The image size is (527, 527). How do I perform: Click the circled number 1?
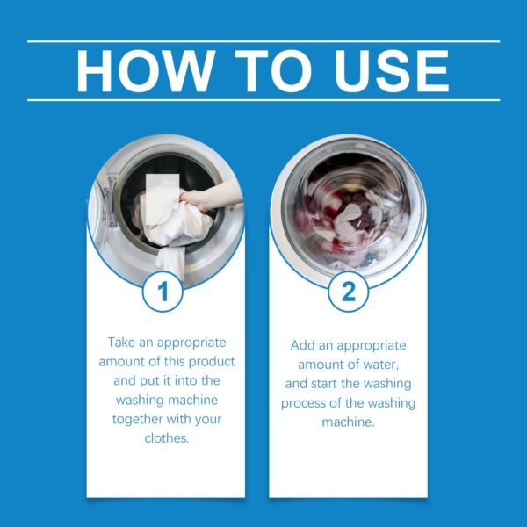(163, 291)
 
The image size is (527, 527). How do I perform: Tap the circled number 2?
(348, 291)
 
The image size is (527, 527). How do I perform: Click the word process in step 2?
(304, 403)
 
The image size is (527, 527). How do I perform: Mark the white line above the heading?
(263, 41)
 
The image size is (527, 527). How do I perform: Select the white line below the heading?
(263, 100)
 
